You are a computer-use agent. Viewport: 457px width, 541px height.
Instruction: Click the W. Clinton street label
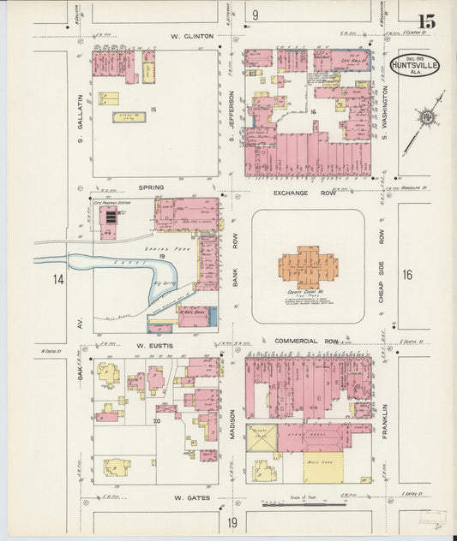191,37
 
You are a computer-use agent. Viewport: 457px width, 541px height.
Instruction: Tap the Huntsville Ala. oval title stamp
416,67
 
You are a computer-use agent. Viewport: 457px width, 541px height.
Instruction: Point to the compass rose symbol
426,116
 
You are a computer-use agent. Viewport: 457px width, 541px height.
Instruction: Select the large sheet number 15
426,21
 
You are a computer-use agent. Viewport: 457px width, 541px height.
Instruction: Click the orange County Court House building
307,268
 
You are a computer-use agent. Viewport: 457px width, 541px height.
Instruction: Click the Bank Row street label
234,268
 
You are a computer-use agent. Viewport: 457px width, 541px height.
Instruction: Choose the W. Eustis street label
154,345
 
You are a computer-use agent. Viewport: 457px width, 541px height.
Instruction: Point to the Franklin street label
385,420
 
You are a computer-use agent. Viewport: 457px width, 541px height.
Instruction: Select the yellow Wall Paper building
322,467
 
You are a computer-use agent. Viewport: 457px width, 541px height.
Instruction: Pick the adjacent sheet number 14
57,279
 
